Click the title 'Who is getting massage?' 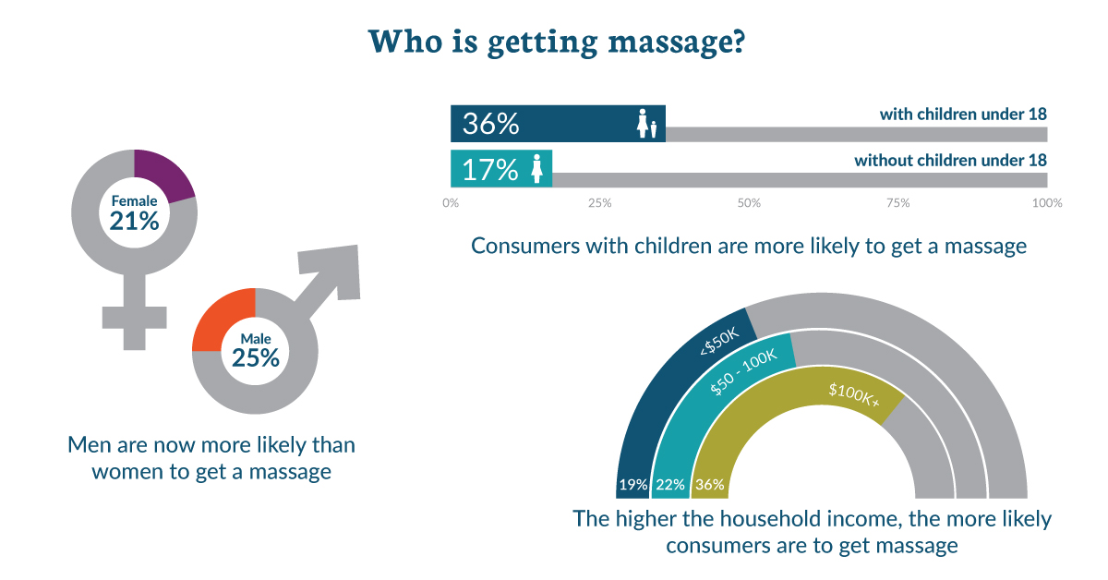tap(557, 42)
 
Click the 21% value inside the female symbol tap(134, 222)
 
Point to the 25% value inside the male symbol tap(256, 357)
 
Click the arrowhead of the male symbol tap(334, 270)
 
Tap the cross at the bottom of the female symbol tap(134, 320)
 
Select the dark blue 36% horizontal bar tap(558, 124)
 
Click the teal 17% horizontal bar tap(501, 168)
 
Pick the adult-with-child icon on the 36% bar tap(647, 123)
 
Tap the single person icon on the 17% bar tap(536, 168)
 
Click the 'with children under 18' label tap(963, 115)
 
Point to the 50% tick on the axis tap(749, 203)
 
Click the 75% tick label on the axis tap(897, 203)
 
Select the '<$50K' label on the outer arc tap(719, 342)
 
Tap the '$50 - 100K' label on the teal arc tap(743, 371)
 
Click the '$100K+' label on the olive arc tap(854, 395)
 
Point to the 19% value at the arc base tap(633, 485)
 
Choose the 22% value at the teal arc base tap(670, 485)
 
